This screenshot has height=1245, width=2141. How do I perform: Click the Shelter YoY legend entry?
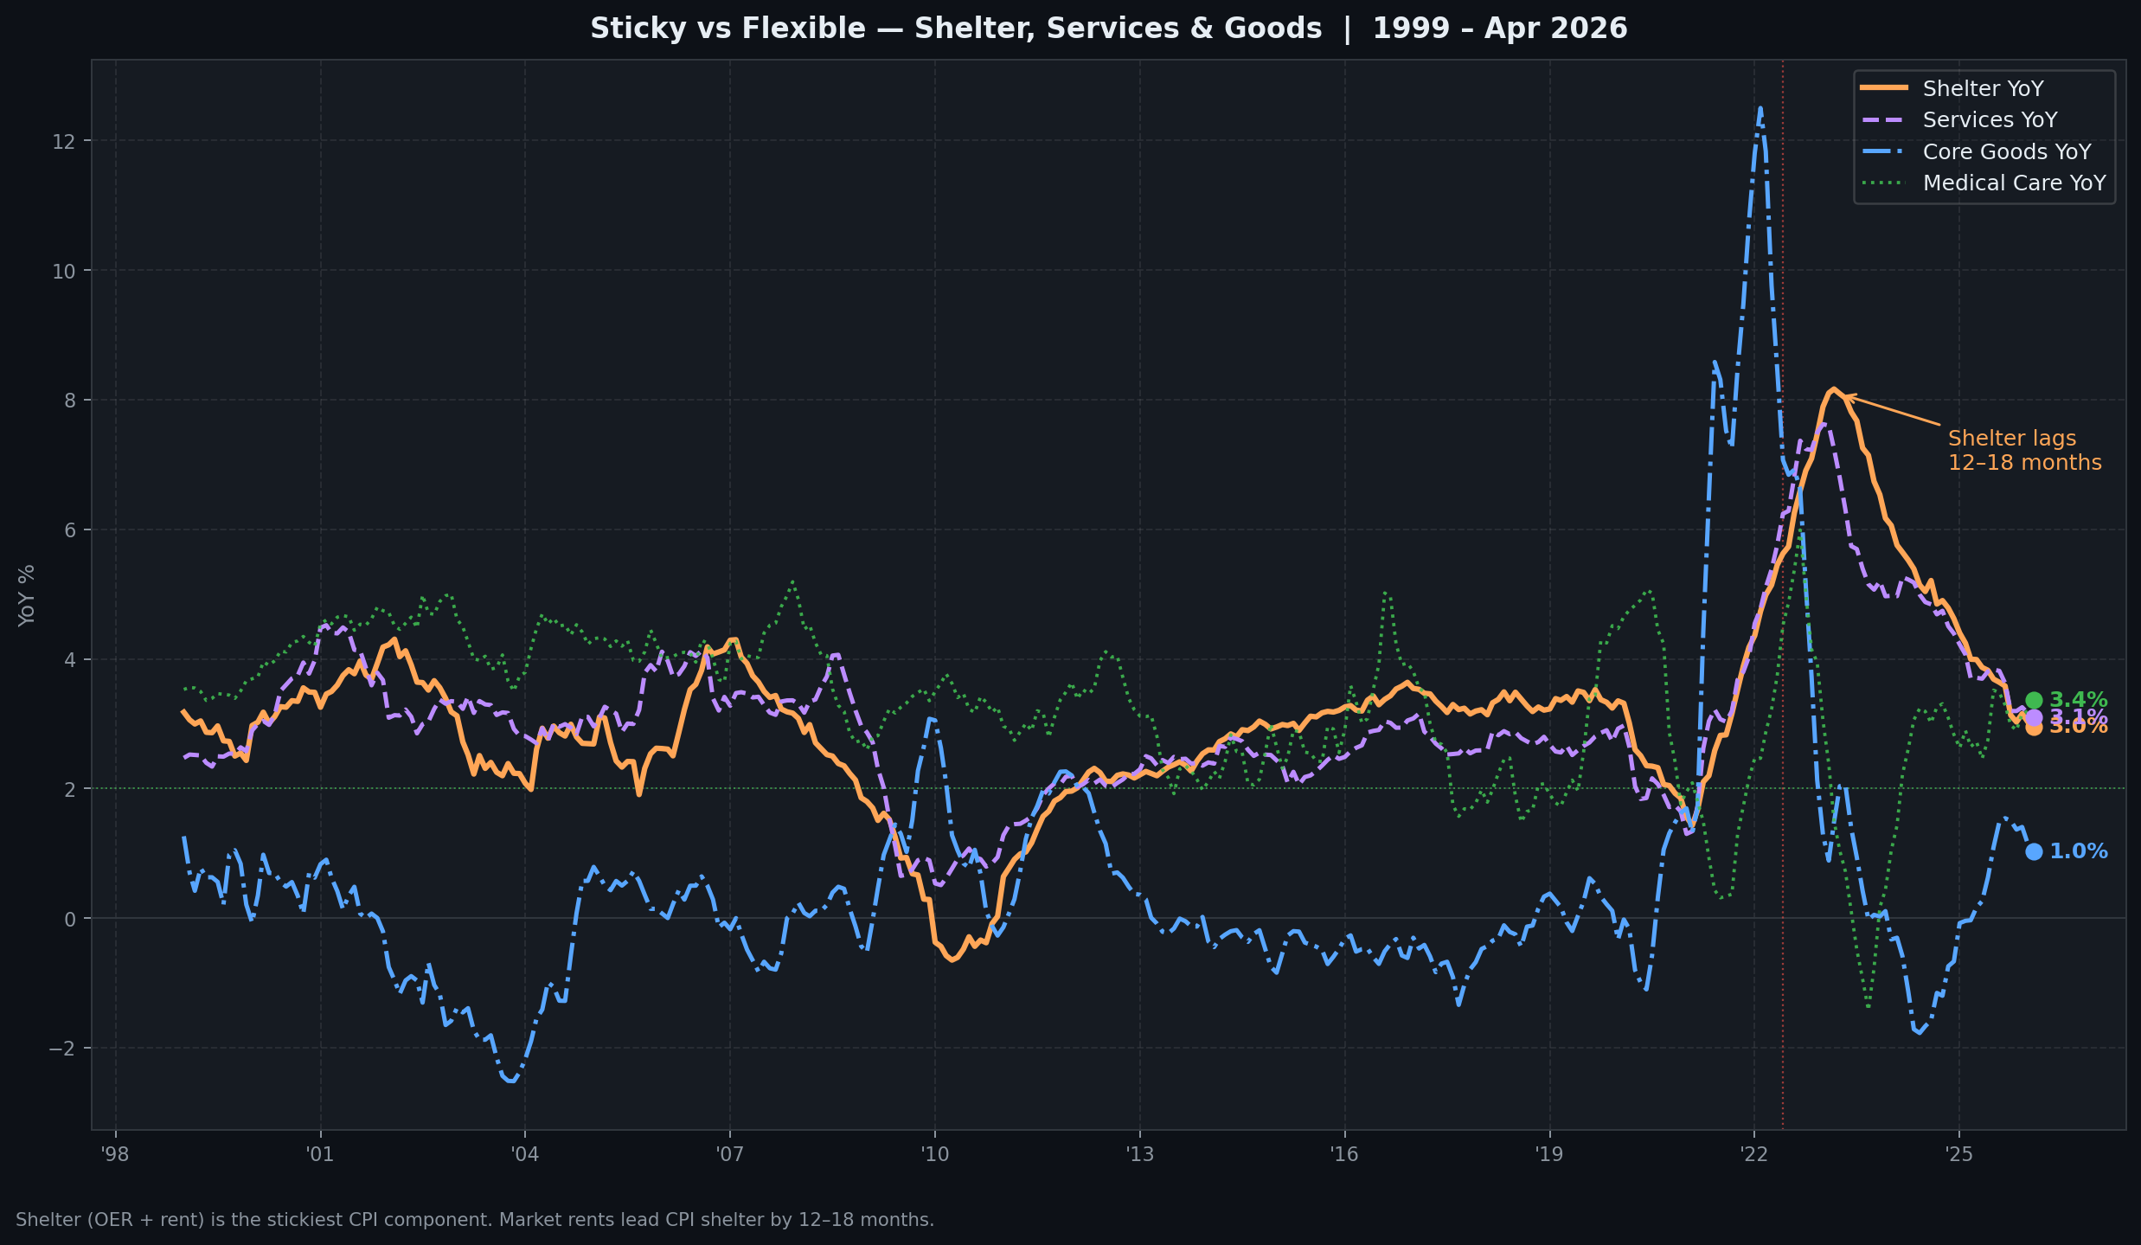[1982, 89]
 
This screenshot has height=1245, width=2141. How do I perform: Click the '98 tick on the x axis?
[115, 1154]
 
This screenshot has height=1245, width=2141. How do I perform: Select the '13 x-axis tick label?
[1139, 1154]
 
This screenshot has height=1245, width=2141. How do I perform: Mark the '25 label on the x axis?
[1958, 1154]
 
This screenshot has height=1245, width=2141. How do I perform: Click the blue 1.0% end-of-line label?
[2078, 851]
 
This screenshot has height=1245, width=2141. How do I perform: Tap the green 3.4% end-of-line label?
[2078, 699]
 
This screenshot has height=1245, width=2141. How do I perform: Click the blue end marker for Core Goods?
[2034, 851]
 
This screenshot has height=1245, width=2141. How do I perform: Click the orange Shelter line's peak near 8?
[1833, 389]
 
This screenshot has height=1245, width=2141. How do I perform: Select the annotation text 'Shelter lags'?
[2011, 439]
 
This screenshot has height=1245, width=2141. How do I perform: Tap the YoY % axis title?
[27, 595]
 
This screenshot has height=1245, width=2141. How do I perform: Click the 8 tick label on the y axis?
[69, 400]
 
